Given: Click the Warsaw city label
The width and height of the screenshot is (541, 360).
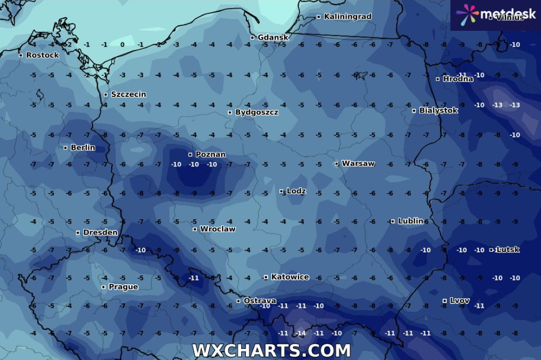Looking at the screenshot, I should [358, 164].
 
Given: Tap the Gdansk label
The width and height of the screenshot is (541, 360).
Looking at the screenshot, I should [273, 38].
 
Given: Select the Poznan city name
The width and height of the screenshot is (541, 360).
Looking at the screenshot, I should [210, 154].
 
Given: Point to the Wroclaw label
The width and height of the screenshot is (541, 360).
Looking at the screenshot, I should [218, 229].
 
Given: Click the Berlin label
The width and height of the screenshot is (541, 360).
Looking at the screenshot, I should [82, 147].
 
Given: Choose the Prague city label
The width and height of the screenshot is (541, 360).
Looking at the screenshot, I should [123, 287].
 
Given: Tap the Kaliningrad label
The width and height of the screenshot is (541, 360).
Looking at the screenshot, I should [347, 17].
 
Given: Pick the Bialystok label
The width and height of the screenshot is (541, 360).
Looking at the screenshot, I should [438, 110].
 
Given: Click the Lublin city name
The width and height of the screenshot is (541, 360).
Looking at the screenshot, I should [410, 221].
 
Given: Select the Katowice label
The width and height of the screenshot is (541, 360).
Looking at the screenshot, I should [290, 277].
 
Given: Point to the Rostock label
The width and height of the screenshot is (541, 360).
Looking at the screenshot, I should [42, 55].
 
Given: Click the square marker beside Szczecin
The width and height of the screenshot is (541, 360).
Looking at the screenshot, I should [106, 95].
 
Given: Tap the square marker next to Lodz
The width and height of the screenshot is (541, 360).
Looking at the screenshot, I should [282, 191].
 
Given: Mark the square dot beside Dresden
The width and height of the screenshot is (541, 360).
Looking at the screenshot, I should [78, 233].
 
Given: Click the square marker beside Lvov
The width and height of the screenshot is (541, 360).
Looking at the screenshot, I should [444, 301].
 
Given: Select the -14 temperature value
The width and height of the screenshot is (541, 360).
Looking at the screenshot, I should [301, 333].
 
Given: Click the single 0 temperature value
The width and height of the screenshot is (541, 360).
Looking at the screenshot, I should [122, 44].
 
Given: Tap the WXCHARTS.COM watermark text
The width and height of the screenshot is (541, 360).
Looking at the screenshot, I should [271, 350].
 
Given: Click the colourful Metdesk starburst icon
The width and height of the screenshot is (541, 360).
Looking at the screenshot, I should [467, 14].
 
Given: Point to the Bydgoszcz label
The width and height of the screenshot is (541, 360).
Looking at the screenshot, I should [256, 112].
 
